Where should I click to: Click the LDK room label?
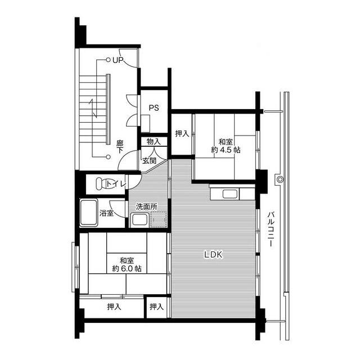(213, 254)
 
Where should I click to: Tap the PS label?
(154, 107)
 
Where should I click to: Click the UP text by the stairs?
(118, 60)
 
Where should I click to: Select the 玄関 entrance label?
(150, 160)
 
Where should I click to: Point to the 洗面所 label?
(147, 206)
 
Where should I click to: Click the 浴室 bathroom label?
(106, 213)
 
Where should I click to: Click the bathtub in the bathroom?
(89, 213)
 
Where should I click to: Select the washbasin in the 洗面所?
(139, 220)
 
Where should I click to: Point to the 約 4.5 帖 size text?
(226, 150)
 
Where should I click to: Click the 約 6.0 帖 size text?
(127, 268)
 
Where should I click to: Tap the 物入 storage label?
(154, 141)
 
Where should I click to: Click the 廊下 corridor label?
(120, 147)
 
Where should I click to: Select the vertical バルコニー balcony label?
(271, 229)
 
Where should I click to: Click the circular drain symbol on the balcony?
(280, 179)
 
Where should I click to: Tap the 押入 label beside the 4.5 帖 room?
(182, 133)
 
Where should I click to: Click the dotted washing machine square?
(159, 219)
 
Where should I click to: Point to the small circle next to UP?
(108, 60)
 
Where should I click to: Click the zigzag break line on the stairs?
(93, 108)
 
